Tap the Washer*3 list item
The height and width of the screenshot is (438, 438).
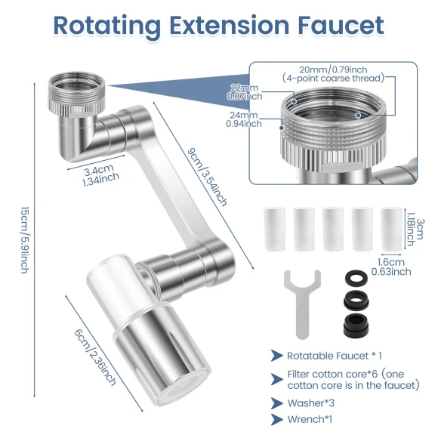pyautogui.click(x=310, y=403)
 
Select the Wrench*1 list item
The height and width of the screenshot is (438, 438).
pyautogui.click(x=310, y=420)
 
